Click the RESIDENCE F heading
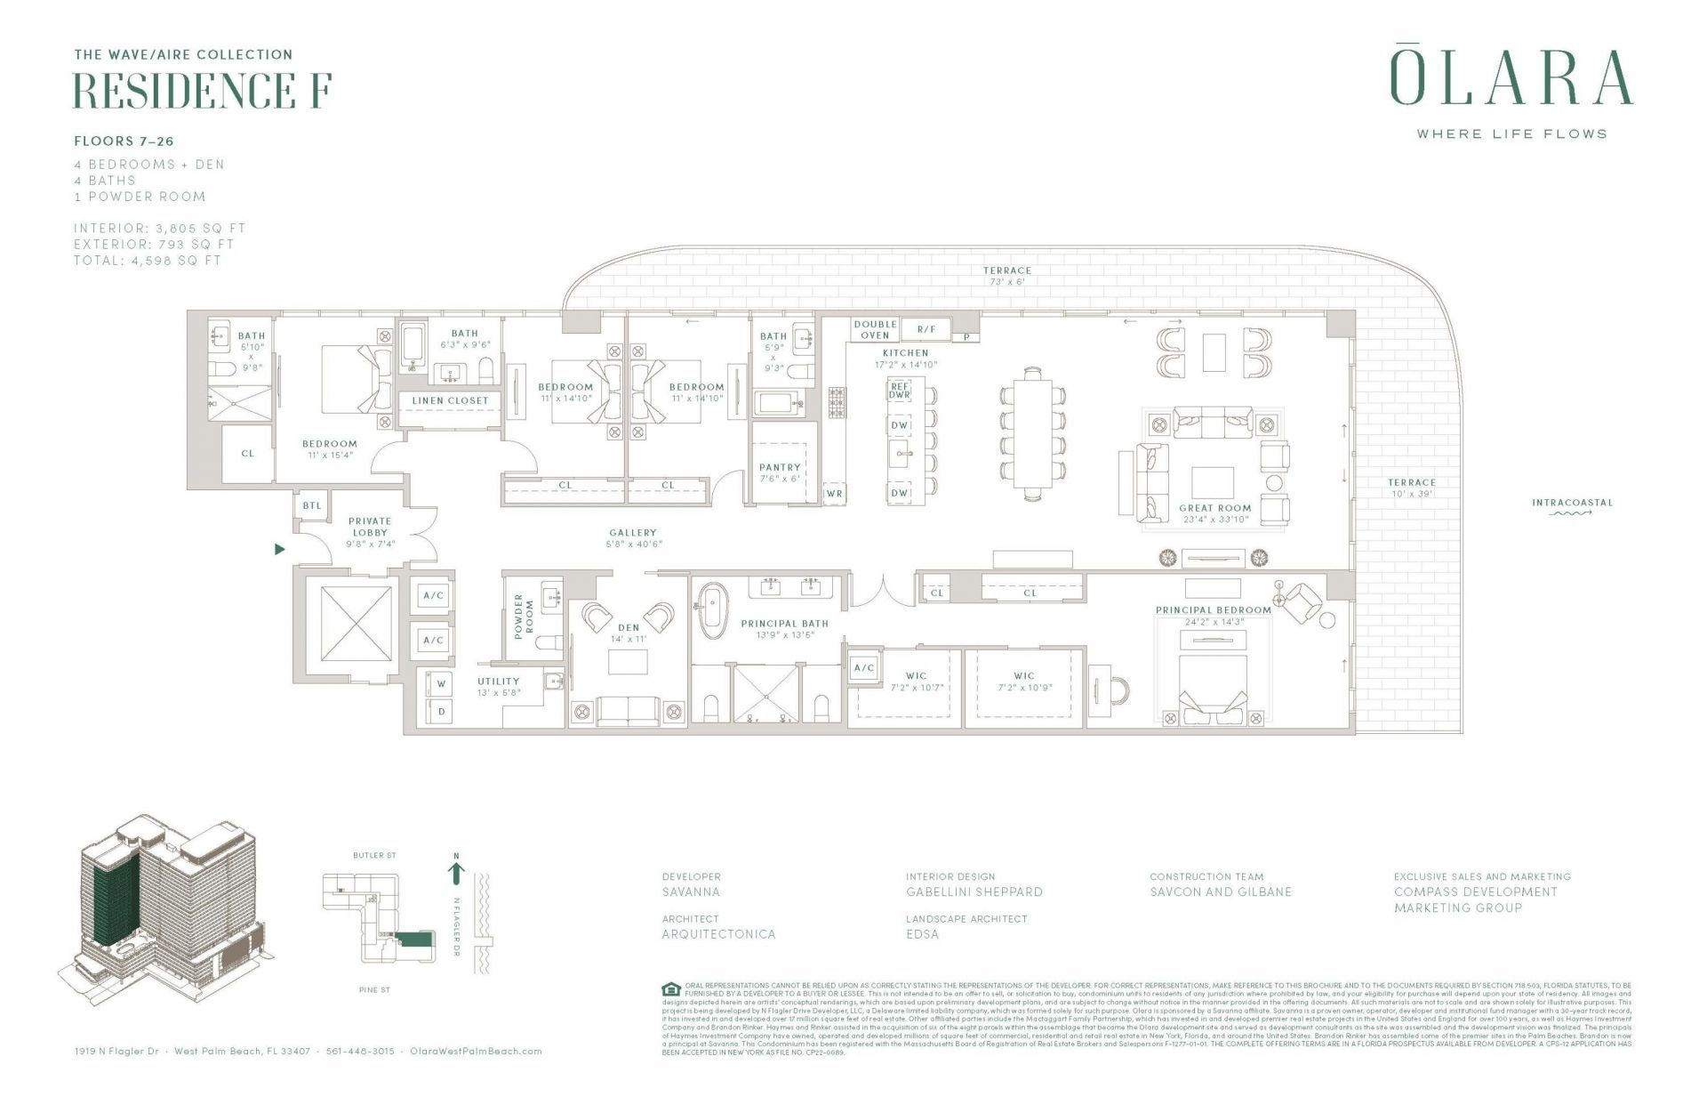click(x=203, y=91)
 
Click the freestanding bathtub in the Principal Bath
click(x=712, y=611)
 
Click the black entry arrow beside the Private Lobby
click(x=280, y=550)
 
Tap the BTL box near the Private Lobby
click(x=312, y=505)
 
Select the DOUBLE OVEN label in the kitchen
click(x=875, y=330)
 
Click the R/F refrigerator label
click(x=926, y=329)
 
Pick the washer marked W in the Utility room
click(x=441, y=683)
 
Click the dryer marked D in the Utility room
click(x=441, y=712)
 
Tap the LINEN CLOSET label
click(x=450, y=401)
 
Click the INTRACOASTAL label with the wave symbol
click(x=1572, y=505)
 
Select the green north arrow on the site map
click(x=456, y=873)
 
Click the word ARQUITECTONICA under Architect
click(x=718, y=934)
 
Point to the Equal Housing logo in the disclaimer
click(x=671, y=989)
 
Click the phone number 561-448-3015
click(x=360, y=1051)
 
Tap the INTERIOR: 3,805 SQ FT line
click(x=160, y=229)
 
